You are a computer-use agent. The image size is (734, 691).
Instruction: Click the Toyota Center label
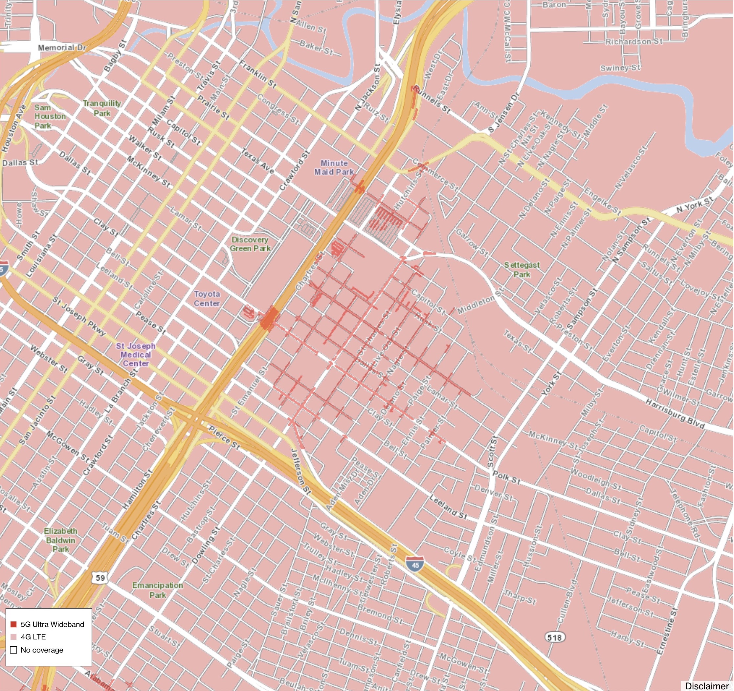pyautogui.click(x=207, y=299)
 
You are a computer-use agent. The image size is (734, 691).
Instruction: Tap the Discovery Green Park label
pyautogui.click(x=250, y=244)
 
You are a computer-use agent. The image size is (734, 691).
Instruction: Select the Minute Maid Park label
pyautogui.click(x=334, y=167)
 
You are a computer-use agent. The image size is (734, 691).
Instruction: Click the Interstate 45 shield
pyautogui.click(x=415, y=565)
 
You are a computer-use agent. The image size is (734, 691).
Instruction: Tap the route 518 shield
pyautogui.click(x=555, y=637)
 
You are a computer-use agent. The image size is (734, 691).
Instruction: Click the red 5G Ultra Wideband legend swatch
pyautogui.click(x=14, y=624)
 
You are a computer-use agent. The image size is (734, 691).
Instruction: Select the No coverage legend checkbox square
pyautogui.click(x=14, y=650)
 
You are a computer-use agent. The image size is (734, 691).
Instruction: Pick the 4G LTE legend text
pyautogui.click(x=33, y=637)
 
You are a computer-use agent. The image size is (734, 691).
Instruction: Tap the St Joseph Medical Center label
pyautogui.click(x=136, y=355)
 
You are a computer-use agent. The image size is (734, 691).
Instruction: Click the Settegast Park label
pyautogui.click(x=522, y=270)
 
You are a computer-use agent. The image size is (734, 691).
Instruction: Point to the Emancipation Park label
pyautogui.click(x=158, y=590)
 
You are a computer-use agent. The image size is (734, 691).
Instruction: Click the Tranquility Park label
pyautogui.click(x=102, y=108)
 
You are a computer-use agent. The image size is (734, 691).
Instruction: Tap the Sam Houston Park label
pyautogui.click(x=50, y=116)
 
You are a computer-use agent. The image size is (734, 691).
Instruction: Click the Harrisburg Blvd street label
pyautogui.click(x=675, y=414)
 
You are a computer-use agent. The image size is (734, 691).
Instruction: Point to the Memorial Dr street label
pyautogui.click(x=62, y=48)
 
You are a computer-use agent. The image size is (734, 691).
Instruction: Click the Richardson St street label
pyautogui.click(x=634, y=41)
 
